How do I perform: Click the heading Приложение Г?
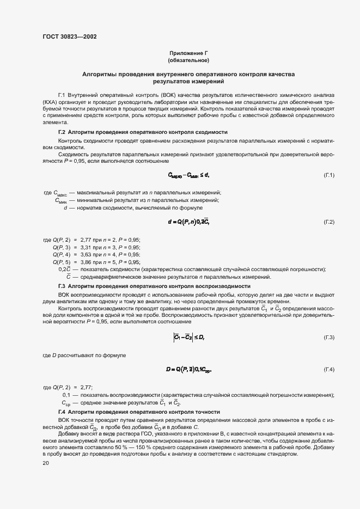coord(188,53)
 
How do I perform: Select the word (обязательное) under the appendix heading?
coord(188,60)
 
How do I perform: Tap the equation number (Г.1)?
coord(329,175)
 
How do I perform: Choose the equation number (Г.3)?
coord(329,338)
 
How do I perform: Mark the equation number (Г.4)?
coord(329,370)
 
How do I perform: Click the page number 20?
coord(46,463)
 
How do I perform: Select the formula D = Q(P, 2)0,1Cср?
coord(188,370)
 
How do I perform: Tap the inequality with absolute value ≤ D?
coord(188,338)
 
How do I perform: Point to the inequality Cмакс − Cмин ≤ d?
coord(188,175)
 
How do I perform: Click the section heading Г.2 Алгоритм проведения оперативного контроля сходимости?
coord(143,132)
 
